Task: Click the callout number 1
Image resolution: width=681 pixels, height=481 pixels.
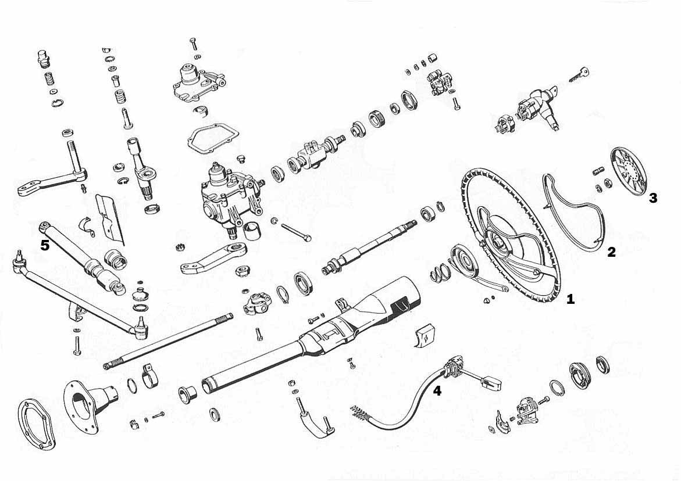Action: pyautogui.click(x=571, y=299)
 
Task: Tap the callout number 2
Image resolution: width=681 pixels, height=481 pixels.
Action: pyautogui.click(x=611, y=252)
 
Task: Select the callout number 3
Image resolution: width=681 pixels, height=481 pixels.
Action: pyautogui.click(x=653, y=198)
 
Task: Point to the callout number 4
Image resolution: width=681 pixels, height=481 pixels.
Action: pyautogui.click(x=437, y=391)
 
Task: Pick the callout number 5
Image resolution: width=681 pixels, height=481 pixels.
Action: pyautogui.click(x=45, y=245)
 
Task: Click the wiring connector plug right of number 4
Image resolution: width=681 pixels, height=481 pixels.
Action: pyautogui.click(x=490, y=383)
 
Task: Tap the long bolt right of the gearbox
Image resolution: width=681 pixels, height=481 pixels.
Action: pyautogui.click(x=295, y=231)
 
